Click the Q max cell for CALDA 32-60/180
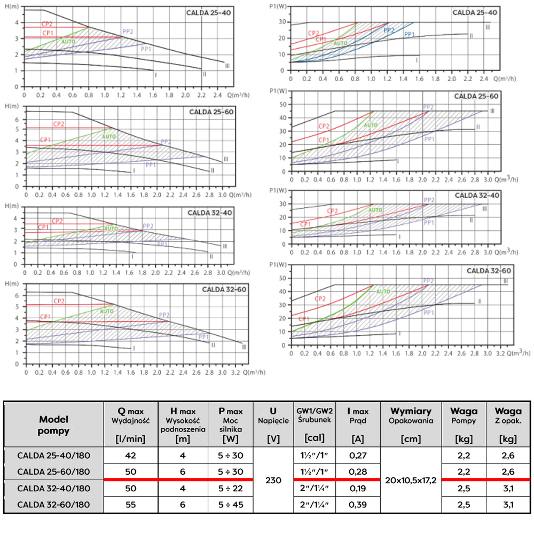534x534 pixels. pos(130,505)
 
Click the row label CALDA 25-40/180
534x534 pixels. pos(53,456)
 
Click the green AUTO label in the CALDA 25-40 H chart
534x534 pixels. pos(68,42)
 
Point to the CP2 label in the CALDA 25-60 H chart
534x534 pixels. pos(59,124)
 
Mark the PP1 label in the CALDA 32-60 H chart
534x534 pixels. pos(203,337)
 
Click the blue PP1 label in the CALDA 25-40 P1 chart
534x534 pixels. pos(410,34)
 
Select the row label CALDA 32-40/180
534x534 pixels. pos(53,488)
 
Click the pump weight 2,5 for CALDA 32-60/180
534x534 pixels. pos(464,505)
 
